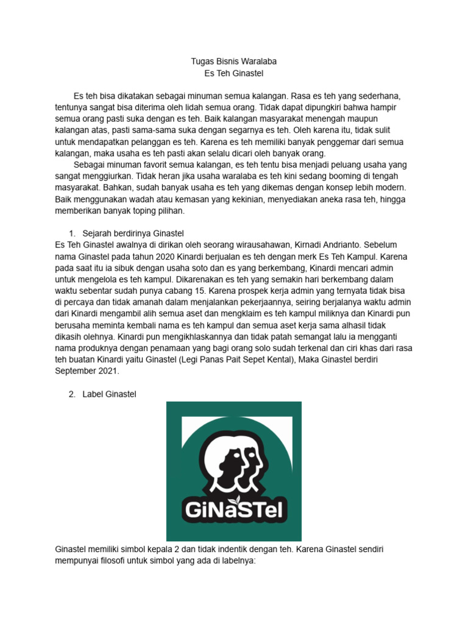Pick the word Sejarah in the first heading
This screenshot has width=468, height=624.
[99, 234]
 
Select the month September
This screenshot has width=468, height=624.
[78, 370]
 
